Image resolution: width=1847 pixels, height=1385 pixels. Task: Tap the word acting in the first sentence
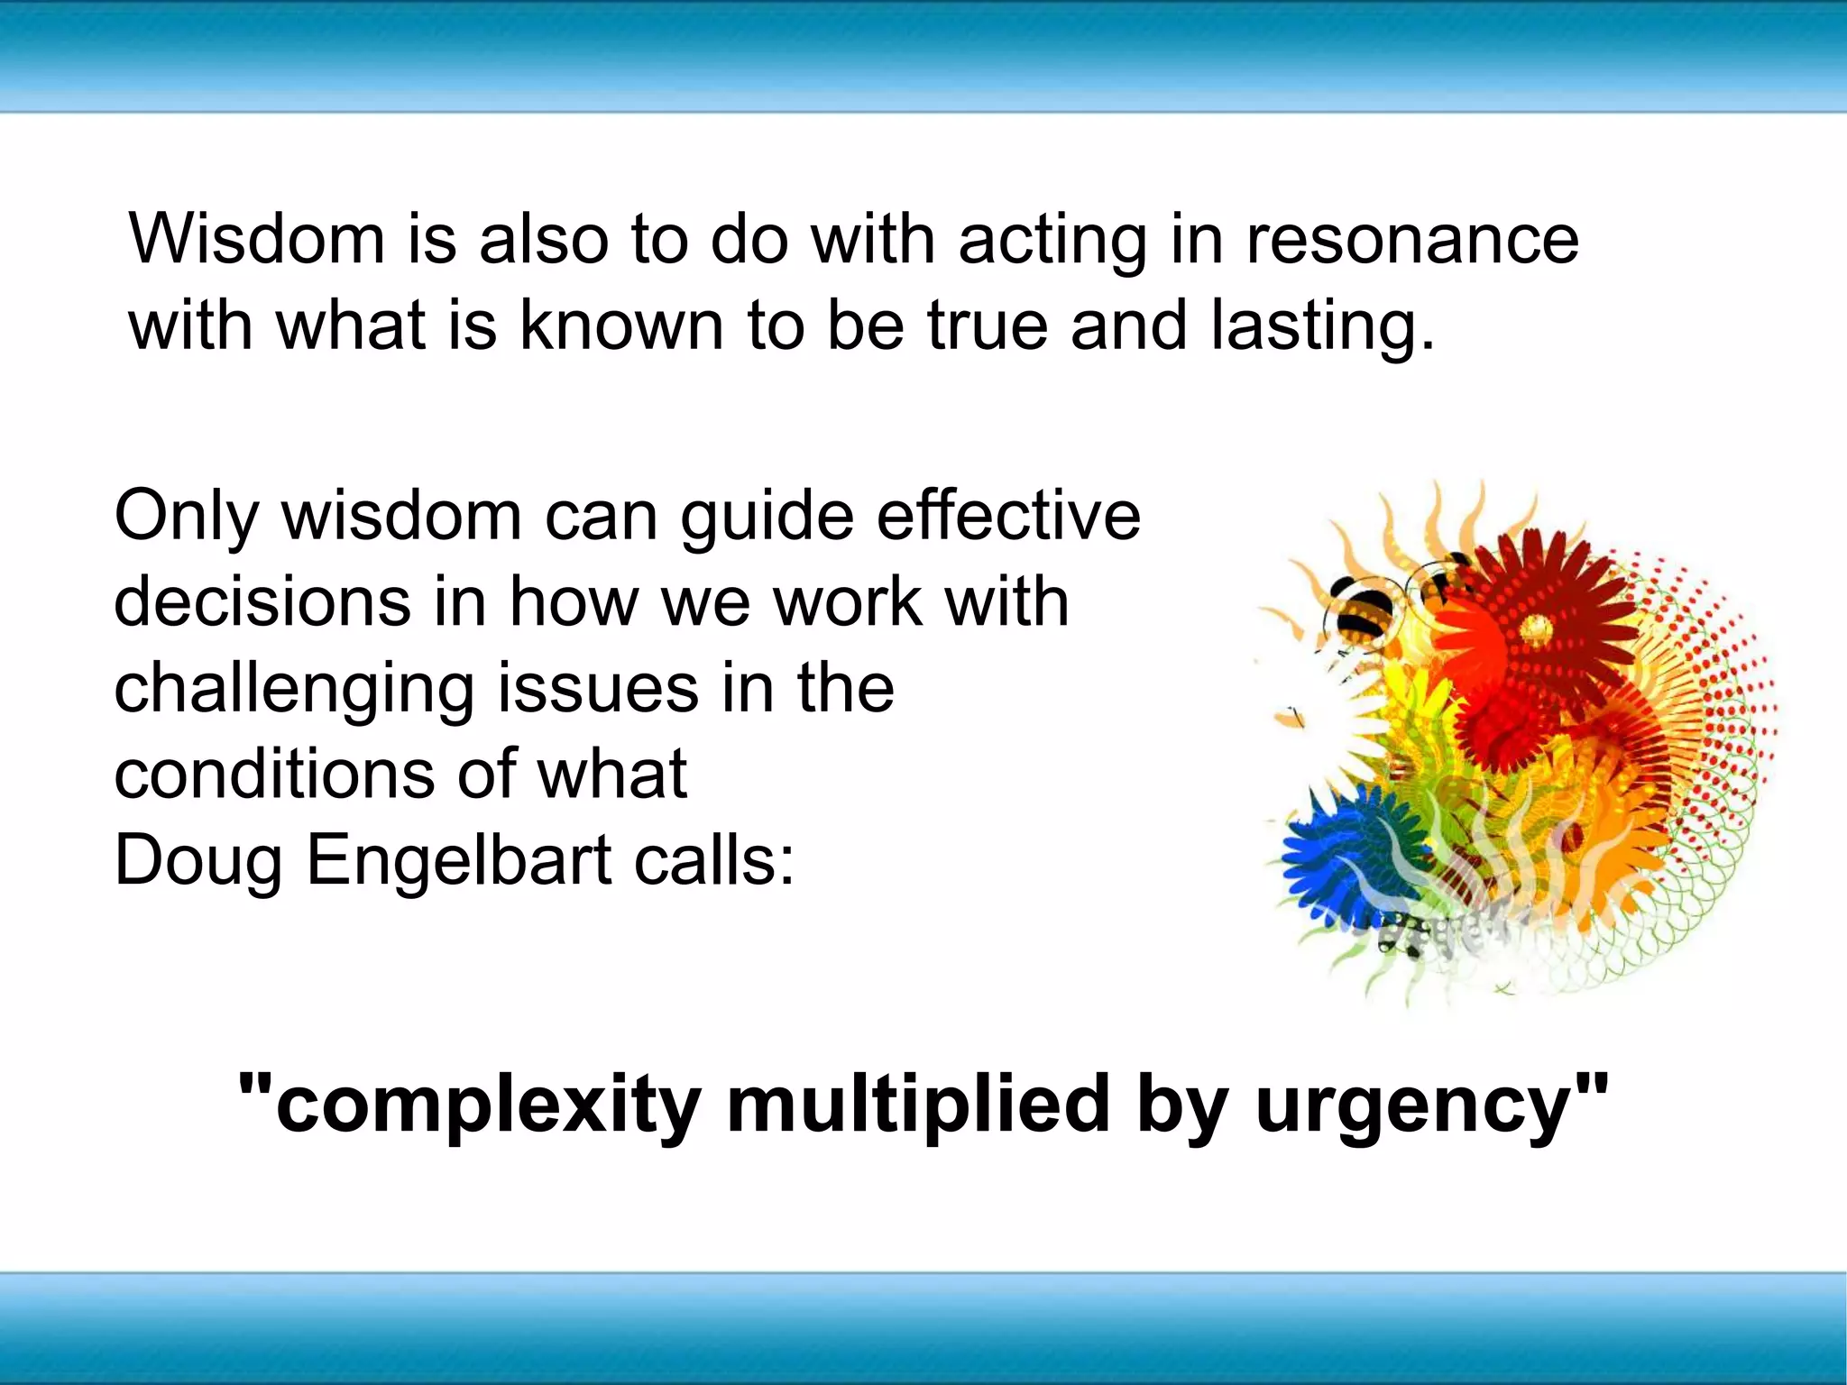click(x=1052, y=242)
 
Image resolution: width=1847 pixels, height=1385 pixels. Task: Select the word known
click(x=621, y=326)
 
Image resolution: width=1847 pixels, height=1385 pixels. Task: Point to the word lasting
click(x=1321, y=327)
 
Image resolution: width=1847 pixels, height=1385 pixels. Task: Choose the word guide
click(x=767, y=518)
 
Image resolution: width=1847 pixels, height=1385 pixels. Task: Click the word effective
click(x=1008, y=516)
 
